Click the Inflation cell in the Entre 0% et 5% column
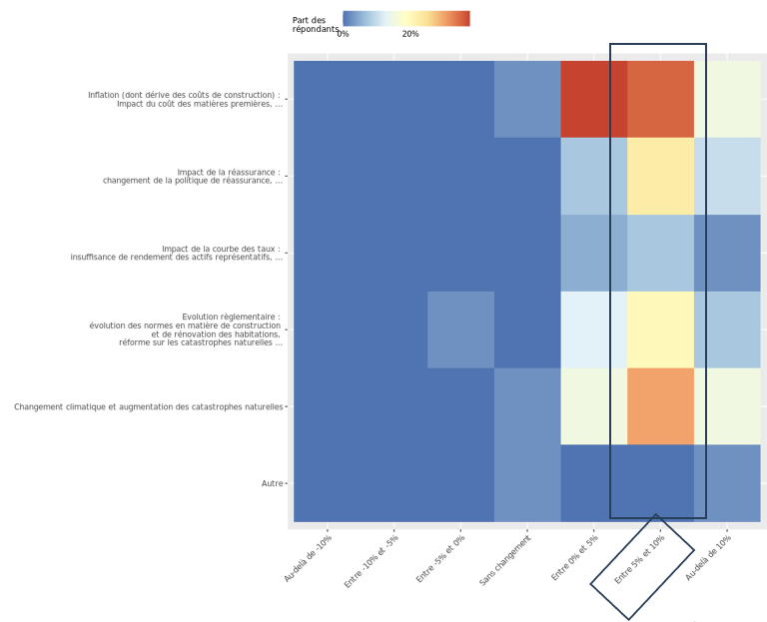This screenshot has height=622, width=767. click(x=594, y=99)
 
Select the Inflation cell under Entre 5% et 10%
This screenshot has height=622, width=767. click(x=660, y=99)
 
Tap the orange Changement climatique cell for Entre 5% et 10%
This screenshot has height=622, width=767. click(x=660, y=406)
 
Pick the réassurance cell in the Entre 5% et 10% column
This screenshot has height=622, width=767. click(x=660, y=176)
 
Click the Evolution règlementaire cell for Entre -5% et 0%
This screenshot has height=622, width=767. click(x=460, y=329)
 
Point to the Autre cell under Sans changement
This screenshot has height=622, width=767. click(x=527, y=483)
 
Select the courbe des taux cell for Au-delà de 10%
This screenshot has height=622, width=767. click(x=727, y=253)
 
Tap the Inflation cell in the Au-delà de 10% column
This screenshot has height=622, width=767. click(x=727, y=99)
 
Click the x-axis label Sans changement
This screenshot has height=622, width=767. click(x=506, y=559)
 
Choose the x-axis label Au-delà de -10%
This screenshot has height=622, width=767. click(x=309, y=558)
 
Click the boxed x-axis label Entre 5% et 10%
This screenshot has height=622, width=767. click(x=640, y=560)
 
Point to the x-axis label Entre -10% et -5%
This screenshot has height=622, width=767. click(x=373, y=561)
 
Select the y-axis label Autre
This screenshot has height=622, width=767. click(x=272, y=483)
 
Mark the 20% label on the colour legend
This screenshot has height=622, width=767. click(x=410, y=34)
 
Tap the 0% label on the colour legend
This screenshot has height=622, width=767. click(x=343, y=34)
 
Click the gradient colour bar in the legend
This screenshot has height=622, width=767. click(x=405, y=18)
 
